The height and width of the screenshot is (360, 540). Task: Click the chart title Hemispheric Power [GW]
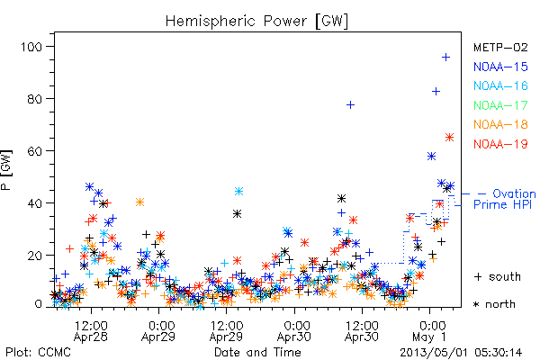[256, 22]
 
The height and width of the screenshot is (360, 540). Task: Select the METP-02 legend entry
[500, 48]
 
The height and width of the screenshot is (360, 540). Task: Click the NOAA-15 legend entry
[500, 67]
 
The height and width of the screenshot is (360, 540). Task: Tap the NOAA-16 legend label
[500, 85]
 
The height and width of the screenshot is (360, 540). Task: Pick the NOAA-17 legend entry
[500, 105]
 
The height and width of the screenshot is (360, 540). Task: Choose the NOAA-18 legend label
[500, 124]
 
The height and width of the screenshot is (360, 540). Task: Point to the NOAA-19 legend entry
[500, 144]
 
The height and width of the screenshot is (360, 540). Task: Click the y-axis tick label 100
[31, 47]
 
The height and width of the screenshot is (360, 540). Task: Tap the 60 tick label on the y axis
[35, 151]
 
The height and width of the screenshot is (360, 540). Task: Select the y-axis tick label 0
[39, 304]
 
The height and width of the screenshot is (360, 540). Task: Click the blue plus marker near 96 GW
[446, 58]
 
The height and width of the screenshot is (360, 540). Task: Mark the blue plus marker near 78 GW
[351, 104]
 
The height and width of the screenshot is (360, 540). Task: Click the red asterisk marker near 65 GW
[449, 138]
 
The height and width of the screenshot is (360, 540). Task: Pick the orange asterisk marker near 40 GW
[139, 202]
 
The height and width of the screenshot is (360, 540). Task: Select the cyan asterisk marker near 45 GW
[239, 191]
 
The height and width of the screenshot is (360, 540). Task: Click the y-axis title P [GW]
[6, 170]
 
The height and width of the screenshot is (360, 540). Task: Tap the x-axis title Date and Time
[257, 353]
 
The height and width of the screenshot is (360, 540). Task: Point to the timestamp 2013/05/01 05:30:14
[461, 353]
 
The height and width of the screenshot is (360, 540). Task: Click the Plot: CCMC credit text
[38, 353]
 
